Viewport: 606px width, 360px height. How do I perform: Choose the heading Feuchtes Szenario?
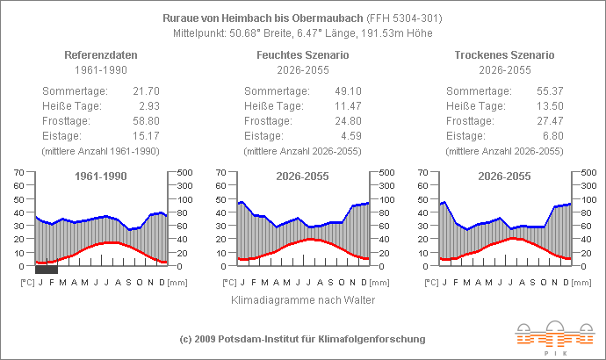point(302,54)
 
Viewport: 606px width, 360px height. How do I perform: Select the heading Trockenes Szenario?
point(504,54)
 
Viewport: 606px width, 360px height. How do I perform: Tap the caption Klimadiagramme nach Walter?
point(303,300)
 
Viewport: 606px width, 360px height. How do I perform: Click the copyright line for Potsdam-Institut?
point(302,339)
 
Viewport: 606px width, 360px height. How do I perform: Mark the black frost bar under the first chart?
point(47,270)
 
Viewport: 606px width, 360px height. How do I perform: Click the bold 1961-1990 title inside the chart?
point(102,176)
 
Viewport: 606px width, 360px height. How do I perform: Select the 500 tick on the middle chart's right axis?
point(385,172)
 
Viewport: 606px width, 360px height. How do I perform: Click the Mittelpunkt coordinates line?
point(302,32)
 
